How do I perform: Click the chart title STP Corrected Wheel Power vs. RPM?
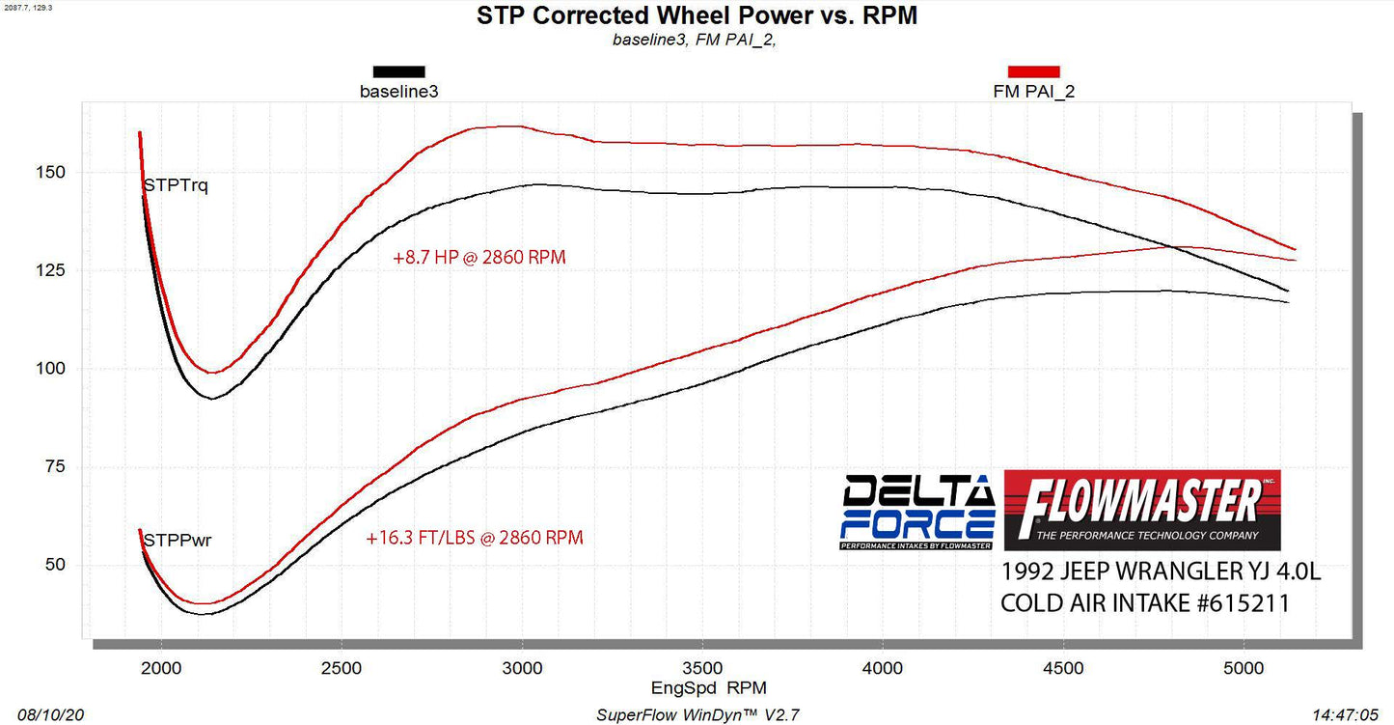(x=697, y=16)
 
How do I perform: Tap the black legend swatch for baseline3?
(x=398, y=71)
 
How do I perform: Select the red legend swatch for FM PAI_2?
(x=1033, y=71)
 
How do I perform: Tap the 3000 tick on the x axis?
(x=522, y=666)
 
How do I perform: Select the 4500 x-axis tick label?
(x=1063, y=666)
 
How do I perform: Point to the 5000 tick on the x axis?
(x=1244, y=666)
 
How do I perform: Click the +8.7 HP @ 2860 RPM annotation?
(x=479, y=259)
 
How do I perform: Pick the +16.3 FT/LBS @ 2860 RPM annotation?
(x=475, y=538)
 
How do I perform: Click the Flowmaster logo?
(x=1142, y=510)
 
